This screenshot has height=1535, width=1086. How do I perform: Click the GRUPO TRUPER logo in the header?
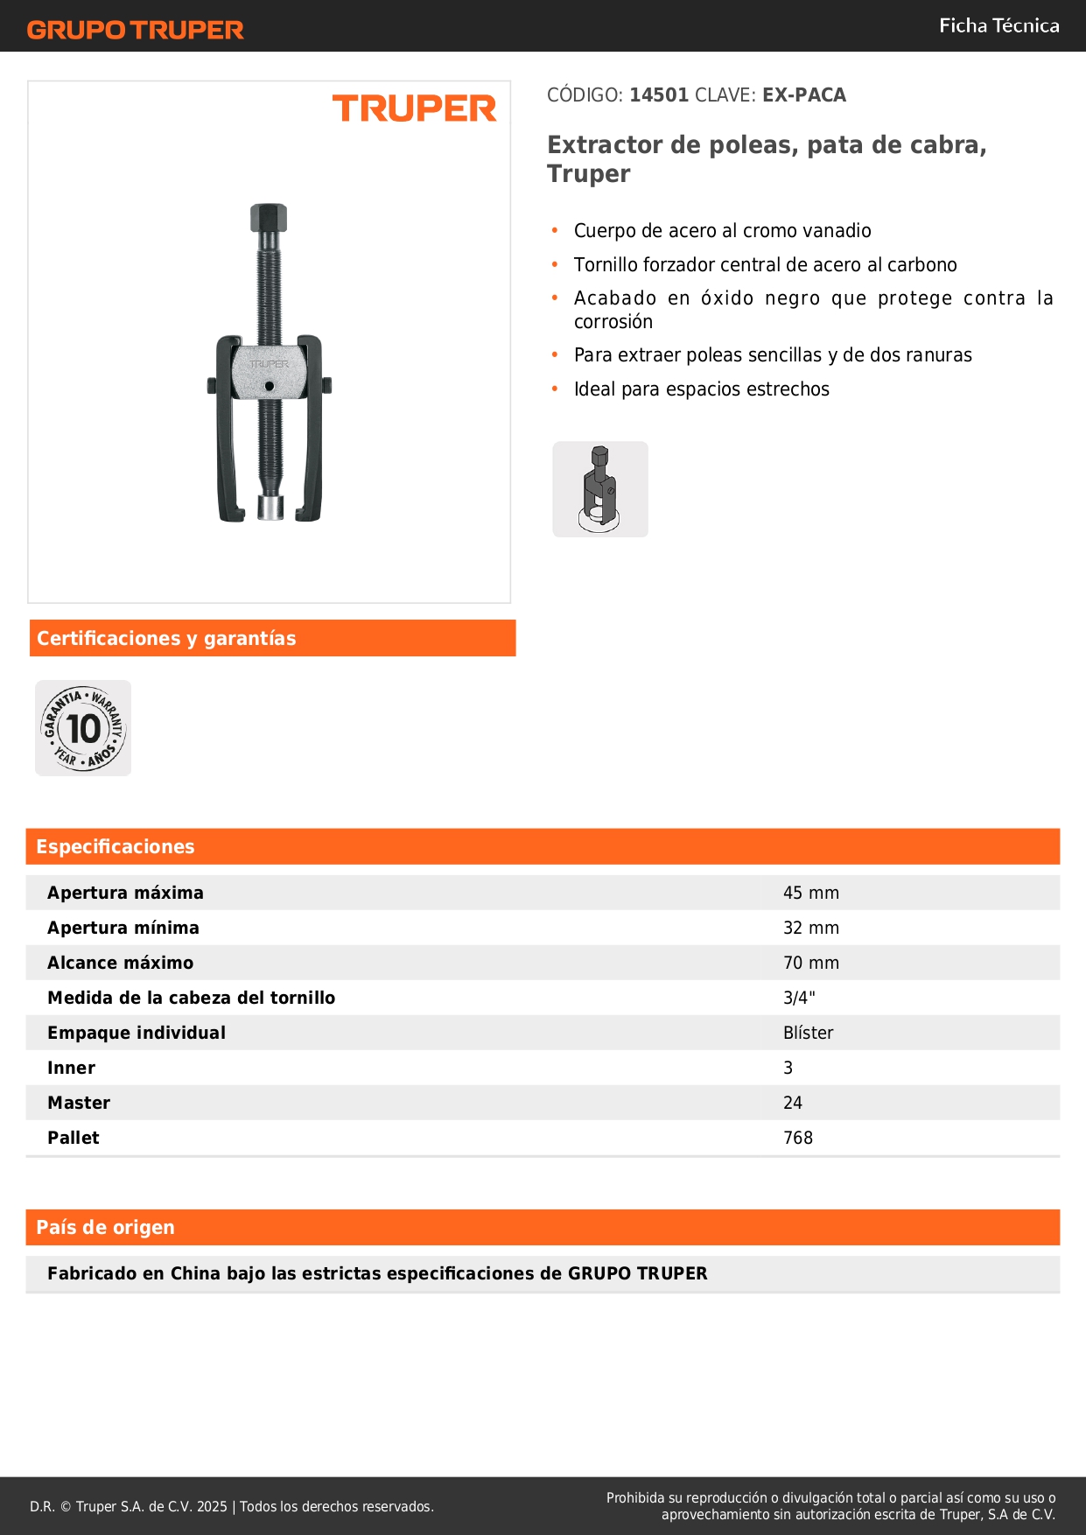[x=135, y=30]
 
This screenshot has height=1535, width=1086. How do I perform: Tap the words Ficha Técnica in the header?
[x=998, y=25]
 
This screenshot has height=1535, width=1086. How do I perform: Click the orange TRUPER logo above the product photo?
[x=414, y=109]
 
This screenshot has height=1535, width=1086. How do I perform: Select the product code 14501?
[x=659, y=95]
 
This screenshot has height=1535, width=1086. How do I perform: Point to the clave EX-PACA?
[x=803, y=95]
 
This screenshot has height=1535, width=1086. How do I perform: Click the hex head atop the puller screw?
[x=269, y=217]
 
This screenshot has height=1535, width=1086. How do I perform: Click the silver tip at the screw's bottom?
[x=270, y=508]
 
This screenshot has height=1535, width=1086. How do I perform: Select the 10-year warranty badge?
[x=83, y=728]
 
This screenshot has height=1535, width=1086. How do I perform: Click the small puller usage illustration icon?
[x=600, y=489]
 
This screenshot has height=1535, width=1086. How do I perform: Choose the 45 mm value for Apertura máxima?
[x=810, y=893]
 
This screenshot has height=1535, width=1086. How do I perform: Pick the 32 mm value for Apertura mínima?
[x=810, y=928]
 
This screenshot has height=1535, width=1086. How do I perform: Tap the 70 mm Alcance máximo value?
[x=810, y=963]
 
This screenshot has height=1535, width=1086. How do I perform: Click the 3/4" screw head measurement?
[x=799, y=998]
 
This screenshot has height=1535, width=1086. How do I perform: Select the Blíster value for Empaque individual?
[x=808, y=1033]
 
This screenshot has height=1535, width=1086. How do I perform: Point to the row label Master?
[x=79, y=1103]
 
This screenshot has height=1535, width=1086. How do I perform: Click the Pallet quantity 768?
[x=797, y=1138]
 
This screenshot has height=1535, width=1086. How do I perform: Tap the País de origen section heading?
[x=105, y=1227]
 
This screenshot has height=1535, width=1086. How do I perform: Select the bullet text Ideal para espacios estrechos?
[x=701, y=389]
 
